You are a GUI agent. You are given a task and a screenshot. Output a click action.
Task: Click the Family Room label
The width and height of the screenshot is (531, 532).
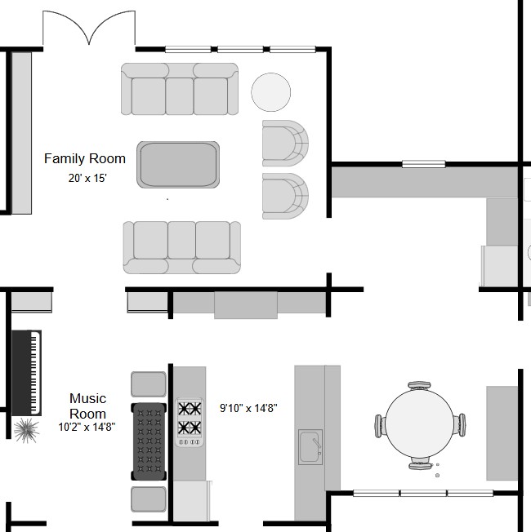coord(85,158)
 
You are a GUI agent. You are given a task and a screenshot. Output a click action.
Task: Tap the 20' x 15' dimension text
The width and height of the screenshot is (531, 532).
coord(87,178)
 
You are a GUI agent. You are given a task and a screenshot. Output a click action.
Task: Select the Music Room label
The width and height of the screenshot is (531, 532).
coord(87,406)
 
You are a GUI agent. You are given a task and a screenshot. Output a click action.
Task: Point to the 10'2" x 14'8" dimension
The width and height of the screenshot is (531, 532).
coord(87,427)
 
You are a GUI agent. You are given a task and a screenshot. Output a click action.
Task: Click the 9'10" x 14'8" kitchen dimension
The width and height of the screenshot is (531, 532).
coord(248,408)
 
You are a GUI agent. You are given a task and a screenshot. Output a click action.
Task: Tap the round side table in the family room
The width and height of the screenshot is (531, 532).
coord(270,92)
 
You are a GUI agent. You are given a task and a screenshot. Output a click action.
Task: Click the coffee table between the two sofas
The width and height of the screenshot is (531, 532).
coord(178,165)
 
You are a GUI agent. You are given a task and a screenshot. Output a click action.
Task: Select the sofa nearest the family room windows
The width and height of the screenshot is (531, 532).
coord(180,89)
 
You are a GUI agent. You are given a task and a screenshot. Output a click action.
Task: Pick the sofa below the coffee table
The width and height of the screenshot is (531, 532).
coord(182,247)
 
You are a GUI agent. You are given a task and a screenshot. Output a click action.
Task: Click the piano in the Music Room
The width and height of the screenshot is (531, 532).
coord(26,373)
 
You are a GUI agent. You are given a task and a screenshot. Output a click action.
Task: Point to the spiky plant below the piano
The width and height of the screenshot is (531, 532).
coord(26,430)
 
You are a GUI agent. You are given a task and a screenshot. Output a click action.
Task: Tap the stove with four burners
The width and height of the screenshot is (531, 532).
coord(190,423)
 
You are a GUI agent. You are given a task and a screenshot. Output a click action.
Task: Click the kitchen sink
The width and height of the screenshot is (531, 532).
coord(310,447)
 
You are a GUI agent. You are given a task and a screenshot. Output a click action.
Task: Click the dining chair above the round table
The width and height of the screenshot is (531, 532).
coord(419,386)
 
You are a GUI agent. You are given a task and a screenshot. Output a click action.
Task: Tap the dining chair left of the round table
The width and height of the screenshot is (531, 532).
coord(380,426)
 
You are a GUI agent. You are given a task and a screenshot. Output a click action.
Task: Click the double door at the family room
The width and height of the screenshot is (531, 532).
coord(89,28)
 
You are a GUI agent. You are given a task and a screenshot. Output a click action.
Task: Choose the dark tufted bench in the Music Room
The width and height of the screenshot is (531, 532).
coord(149,441)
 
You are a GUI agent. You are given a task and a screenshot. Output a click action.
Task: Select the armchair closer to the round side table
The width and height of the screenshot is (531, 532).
coord(285,143)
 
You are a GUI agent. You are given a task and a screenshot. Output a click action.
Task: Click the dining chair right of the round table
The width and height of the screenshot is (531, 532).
coord(460,424)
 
